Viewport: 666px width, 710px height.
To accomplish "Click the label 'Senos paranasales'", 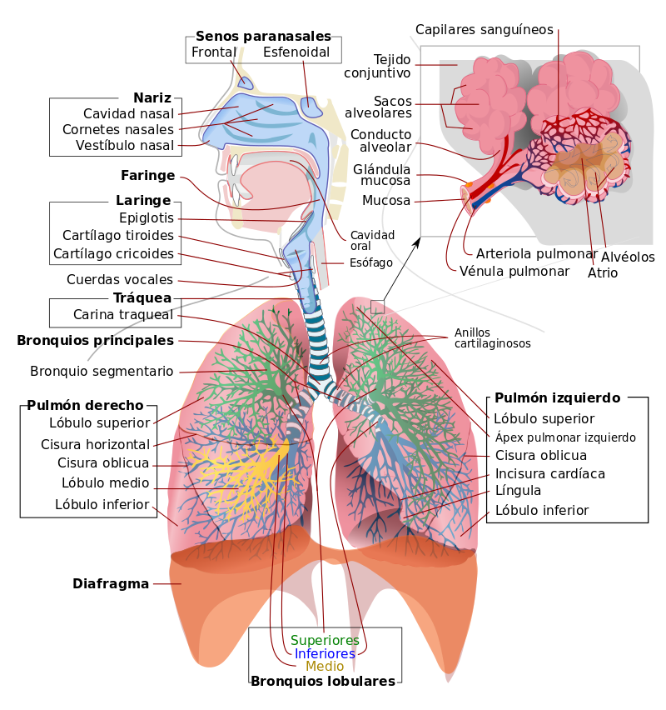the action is [263, 36].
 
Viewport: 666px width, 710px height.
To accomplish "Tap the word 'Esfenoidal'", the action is [296, 52].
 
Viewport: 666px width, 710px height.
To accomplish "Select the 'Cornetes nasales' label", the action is [118, 129].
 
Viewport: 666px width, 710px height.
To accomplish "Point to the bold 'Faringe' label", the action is [147, 175].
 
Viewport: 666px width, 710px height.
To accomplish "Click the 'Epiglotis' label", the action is [147, 217].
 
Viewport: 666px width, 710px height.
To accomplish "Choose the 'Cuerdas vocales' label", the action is [120, 279].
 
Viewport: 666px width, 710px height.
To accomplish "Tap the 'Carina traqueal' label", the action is [123, 314].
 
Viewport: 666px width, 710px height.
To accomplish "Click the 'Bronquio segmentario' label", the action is [102, 372].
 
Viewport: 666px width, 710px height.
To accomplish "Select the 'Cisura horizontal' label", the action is [95, 444].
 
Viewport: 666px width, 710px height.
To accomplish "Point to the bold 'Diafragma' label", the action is [111, 583].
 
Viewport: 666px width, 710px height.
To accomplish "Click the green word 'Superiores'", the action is [325, 640].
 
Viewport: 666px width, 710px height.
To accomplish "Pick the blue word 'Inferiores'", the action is [325, 653].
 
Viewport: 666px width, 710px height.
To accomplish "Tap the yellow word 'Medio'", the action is [325, 666].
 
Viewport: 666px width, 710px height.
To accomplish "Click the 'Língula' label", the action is [518, 490].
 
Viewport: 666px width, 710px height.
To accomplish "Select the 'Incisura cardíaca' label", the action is [550, 473].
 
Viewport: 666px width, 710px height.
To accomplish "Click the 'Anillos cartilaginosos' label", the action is [492, 337].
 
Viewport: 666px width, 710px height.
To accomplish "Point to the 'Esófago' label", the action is [371, 262].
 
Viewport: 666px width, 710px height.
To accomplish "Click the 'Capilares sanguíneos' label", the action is [485, 30].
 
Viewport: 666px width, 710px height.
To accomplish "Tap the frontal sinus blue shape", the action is [246, 82].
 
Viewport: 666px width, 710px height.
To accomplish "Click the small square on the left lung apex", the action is [377, 307].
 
